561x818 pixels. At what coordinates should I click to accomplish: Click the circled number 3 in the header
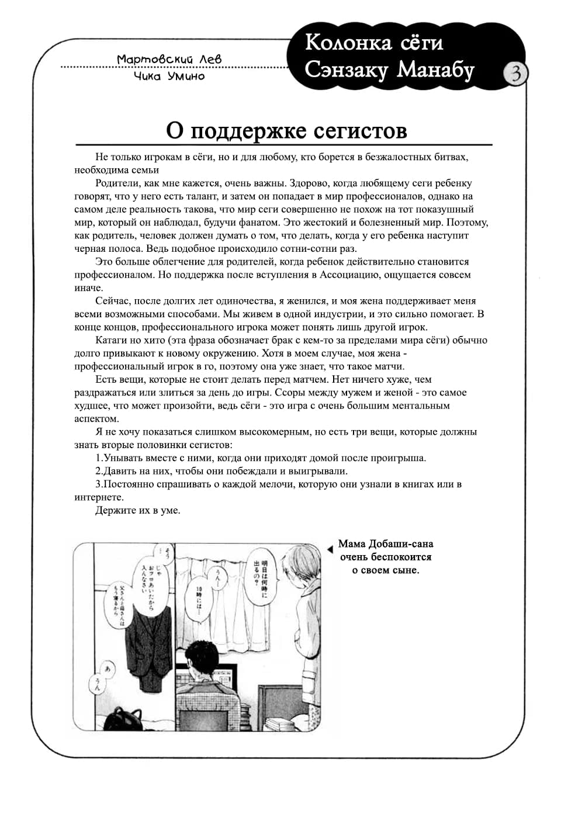coord(516,74)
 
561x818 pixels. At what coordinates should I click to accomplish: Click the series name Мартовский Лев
coord(169,59)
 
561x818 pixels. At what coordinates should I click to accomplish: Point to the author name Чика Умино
coord(169,76)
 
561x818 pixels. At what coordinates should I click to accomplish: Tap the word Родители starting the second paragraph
coord(115,183)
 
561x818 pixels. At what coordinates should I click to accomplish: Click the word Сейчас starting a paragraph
coord(113,301)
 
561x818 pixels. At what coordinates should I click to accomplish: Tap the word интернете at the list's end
coord(99,498)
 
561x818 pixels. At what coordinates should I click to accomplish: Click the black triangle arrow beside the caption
coord(331,548)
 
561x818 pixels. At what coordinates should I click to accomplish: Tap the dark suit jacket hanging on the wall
coord(150,643)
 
